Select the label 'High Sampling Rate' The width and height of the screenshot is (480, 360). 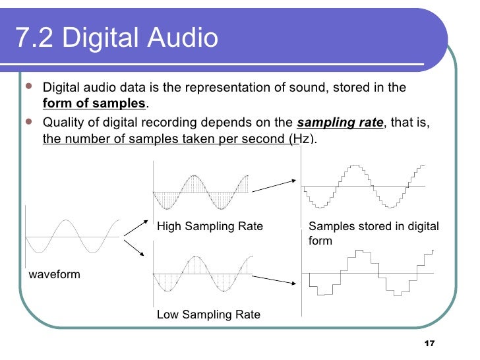pyautogui.click(x=210, y=227)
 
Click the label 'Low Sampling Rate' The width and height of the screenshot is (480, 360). pyautogui.click(x=208, y=315)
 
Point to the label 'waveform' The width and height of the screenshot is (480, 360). pyautogui.click(x=54, y=274)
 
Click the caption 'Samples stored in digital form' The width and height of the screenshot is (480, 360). pyautogui.click(x=373, y=233)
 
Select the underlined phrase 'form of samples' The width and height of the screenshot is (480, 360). pyautogui.click(x=94, y=104)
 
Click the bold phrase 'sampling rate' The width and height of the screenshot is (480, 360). pyautogui.click(x=340, y=122)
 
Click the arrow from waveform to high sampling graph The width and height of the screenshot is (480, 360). pyautogui.click(x=135, y=226)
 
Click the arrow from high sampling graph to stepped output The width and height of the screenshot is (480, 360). pyautogui.click(x=272, y=187)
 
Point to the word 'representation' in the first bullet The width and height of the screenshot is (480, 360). pyautogui.click(x=224, y=88)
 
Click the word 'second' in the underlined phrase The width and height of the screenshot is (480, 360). pyautogui.click(x=266, y=138)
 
